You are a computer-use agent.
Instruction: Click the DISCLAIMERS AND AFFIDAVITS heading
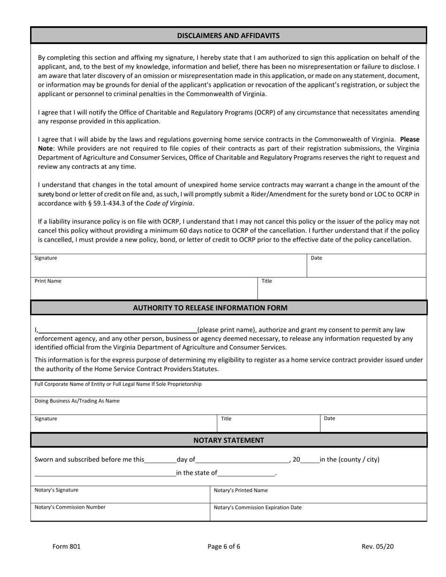tap(228, 36)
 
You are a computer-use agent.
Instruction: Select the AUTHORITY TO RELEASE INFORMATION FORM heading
tap(210, 308)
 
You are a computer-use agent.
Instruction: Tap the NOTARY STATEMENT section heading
tap(229, 440)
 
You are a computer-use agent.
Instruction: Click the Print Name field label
tap(48, 281)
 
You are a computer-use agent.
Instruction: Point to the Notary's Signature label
tap(56, 490)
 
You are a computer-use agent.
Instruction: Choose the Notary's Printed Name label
tap(240, 490)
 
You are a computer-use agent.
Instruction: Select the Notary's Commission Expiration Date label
tap(257, 507)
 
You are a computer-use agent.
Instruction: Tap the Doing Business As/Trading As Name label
tap(77, 401)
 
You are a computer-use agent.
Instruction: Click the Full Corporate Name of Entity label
tap(118, 384)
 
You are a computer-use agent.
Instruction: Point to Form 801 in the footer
tap(67, 546)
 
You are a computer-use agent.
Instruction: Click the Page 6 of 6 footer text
tap(224, 546)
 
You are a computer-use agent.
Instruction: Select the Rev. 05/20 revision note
tap(377, 546)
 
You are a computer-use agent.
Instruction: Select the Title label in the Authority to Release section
tap(226, 418)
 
